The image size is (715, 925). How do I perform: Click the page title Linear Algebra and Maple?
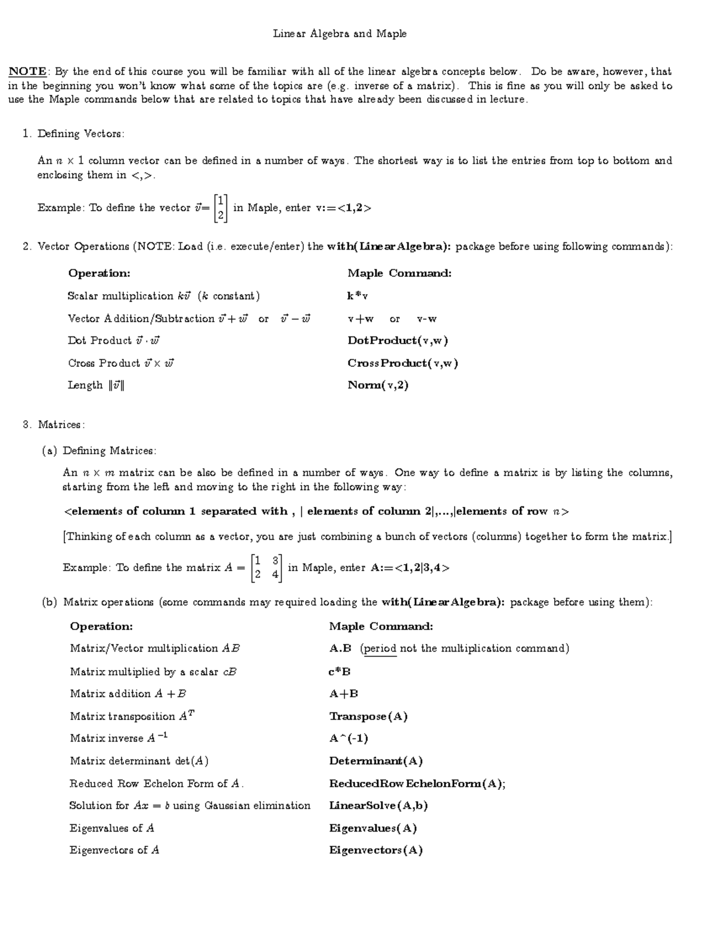(x=340, y=34)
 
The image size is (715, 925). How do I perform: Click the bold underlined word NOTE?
(x=27, y=71)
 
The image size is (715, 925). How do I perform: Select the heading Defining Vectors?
(x=80, y=134)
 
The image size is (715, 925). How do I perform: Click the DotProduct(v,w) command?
(x=397, y=341)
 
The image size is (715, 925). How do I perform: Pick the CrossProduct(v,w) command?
(x=402, y=363)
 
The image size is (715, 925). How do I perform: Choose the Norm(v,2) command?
(x=378, y=385)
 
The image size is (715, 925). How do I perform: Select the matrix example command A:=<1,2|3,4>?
(x=410, y=568)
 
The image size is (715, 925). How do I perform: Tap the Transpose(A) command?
(x=368, y=717)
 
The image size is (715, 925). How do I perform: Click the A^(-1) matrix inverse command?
(x=349, y=739)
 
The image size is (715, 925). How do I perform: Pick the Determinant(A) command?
(x=375, y=761)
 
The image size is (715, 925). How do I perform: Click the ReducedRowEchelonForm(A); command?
(x=417, y=784)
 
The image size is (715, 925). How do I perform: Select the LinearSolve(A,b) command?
(x=378, y=806)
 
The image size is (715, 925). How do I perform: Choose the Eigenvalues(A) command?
(x=373, y=829)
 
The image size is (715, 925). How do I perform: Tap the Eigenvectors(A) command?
(x=375, y=851)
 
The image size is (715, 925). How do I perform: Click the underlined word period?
(x=380, y=649)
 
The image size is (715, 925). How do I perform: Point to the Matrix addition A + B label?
(x=128, y=694)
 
